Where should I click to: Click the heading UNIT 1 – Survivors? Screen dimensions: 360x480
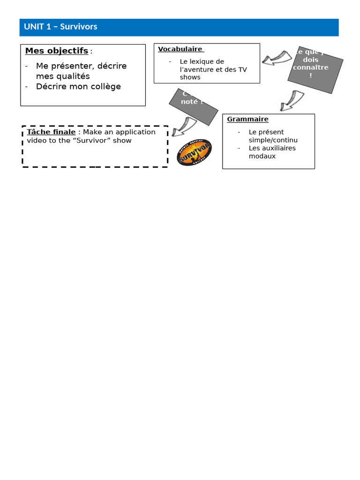coord(60,27)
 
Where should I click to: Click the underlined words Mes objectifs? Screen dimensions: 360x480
coord(57,51)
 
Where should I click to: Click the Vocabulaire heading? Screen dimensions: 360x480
coord(180,49)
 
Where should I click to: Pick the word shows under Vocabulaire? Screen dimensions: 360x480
coord(190,77)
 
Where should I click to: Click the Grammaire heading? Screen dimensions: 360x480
coord(247,119)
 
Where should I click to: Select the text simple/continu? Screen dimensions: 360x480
coord(273,140)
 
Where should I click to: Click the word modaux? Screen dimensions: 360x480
coord(262,156)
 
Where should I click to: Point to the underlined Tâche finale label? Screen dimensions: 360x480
coord(51,132)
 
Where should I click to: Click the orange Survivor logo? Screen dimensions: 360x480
coord(194,152)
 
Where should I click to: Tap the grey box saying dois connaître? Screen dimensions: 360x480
coord(315,69)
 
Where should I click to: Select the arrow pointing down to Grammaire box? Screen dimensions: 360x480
coord(292,100)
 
